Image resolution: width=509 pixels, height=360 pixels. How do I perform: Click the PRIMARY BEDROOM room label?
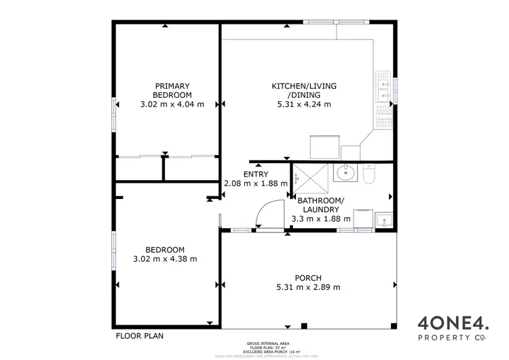pos(172,90)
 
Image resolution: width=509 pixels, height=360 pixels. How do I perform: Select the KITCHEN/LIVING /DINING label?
pos(303,90)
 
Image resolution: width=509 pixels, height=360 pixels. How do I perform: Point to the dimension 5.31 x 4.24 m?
pos(303,104)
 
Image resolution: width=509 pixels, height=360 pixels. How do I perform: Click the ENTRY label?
pos(255,174)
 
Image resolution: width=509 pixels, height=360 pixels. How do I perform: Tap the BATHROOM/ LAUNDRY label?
pos(320,204)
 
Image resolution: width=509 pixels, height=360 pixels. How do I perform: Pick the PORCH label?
pos(307,277)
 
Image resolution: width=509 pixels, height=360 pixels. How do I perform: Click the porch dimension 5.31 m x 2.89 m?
pos(307,287)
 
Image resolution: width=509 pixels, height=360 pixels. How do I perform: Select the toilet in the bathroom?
pos(369,176)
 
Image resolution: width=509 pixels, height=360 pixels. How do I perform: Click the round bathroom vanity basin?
pos(345,174)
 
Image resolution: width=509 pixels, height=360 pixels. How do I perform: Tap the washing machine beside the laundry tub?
pos(361,219)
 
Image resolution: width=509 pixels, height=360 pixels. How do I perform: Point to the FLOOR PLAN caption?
pos(139,336)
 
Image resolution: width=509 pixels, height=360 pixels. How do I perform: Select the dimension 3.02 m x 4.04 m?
pos(172,104)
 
